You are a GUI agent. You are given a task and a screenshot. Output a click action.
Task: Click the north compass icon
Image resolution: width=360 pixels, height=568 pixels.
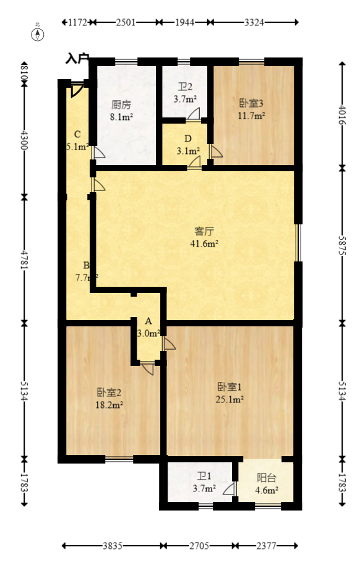(38, 33)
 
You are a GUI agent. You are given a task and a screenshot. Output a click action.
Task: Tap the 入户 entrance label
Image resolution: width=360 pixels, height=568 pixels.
(77, 59)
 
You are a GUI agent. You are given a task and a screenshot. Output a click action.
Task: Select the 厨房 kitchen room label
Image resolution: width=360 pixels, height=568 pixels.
(122, 104)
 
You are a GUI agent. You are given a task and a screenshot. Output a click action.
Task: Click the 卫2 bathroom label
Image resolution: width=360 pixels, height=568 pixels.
(185, 87)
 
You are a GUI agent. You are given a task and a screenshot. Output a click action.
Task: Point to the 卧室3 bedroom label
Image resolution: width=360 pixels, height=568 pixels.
(252, 103)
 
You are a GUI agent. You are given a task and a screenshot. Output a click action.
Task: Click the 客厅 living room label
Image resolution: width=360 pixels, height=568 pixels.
(204, 232)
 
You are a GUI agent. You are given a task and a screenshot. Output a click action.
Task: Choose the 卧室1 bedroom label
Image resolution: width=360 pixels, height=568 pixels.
(229, 387)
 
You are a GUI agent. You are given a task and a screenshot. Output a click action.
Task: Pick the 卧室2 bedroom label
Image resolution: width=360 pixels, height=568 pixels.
(109, 392)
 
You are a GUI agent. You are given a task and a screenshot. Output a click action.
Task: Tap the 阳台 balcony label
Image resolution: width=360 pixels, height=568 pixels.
(267, 477)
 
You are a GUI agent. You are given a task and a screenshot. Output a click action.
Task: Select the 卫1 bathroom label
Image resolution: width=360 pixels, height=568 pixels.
(204, 477)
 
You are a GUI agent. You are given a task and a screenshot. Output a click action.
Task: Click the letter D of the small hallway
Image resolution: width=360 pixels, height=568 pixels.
(187, 138)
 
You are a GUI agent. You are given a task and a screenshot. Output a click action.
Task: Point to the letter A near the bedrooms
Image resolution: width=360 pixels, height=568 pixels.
(148, 321)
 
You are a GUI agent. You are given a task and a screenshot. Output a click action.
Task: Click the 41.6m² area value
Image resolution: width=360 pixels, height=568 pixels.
(204, 244)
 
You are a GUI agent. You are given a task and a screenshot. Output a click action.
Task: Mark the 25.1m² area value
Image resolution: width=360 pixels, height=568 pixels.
(229, 399)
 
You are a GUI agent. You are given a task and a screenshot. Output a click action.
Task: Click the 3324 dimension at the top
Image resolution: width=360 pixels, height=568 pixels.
(254, 22)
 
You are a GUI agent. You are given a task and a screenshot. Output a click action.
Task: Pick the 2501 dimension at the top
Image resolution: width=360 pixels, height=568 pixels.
(126, 22)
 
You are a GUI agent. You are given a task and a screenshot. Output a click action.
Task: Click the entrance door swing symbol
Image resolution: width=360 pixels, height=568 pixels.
(76, 90)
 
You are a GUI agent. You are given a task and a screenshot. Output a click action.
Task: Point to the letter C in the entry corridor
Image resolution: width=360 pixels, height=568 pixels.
(77, 134)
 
